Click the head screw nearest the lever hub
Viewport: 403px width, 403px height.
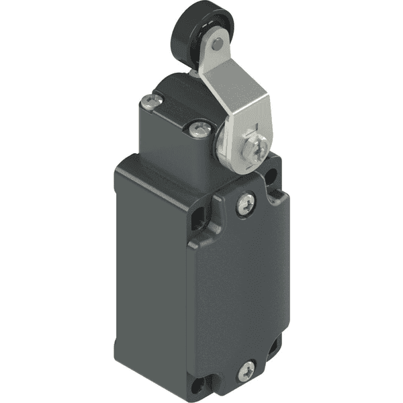point(196,129)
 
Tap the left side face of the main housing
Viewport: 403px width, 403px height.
point(151,269)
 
